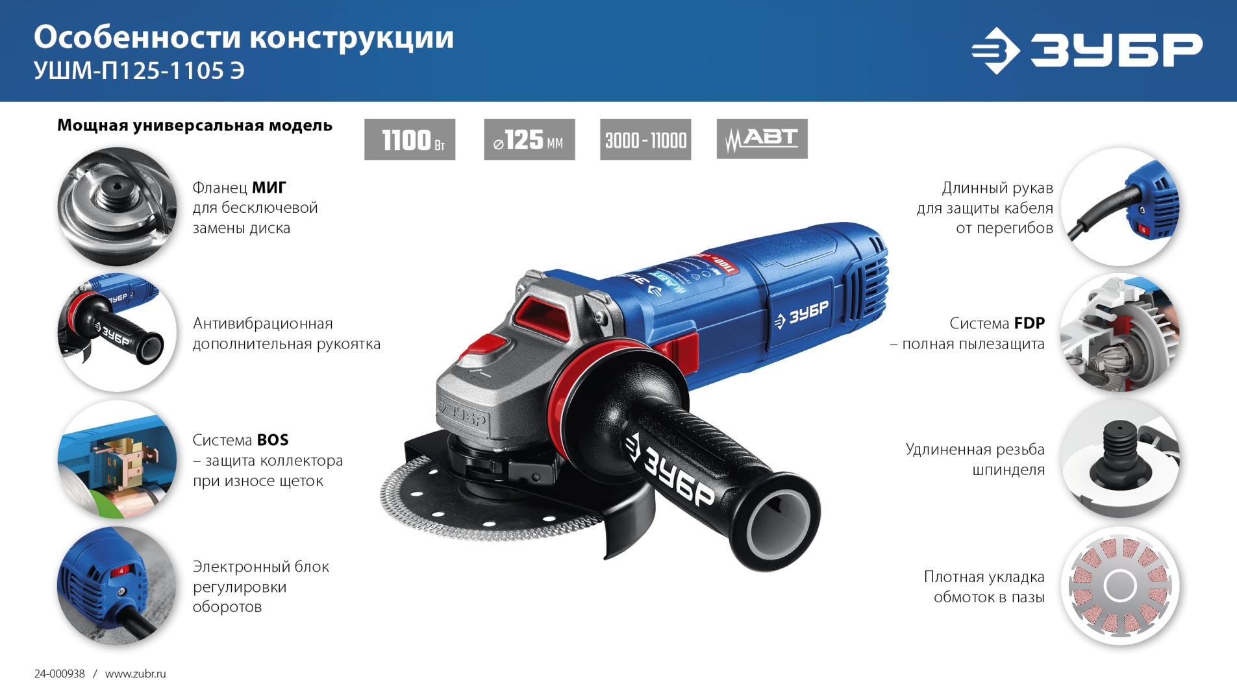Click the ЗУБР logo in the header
1087,50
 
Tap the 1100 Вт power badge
409,140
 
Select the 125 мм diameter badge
529,140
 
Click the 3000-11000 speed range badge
645,140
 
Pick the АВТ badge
762,139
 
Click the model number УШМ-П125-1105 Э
139,71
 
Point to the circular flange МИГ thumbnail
117,206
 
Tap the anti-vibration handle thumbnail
117,332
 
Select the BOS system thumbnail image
117,459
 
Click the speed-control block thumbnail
117,585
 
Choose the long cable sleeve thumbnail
1120,206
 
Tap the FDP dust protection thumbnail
1120,332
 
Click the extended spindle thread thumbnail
1120,459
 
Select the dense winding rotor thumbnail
1120,585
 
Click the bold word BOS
273,440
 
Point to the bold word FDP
1029,323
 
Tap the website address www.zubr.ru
135,674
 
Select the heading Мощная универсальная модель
195,125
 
